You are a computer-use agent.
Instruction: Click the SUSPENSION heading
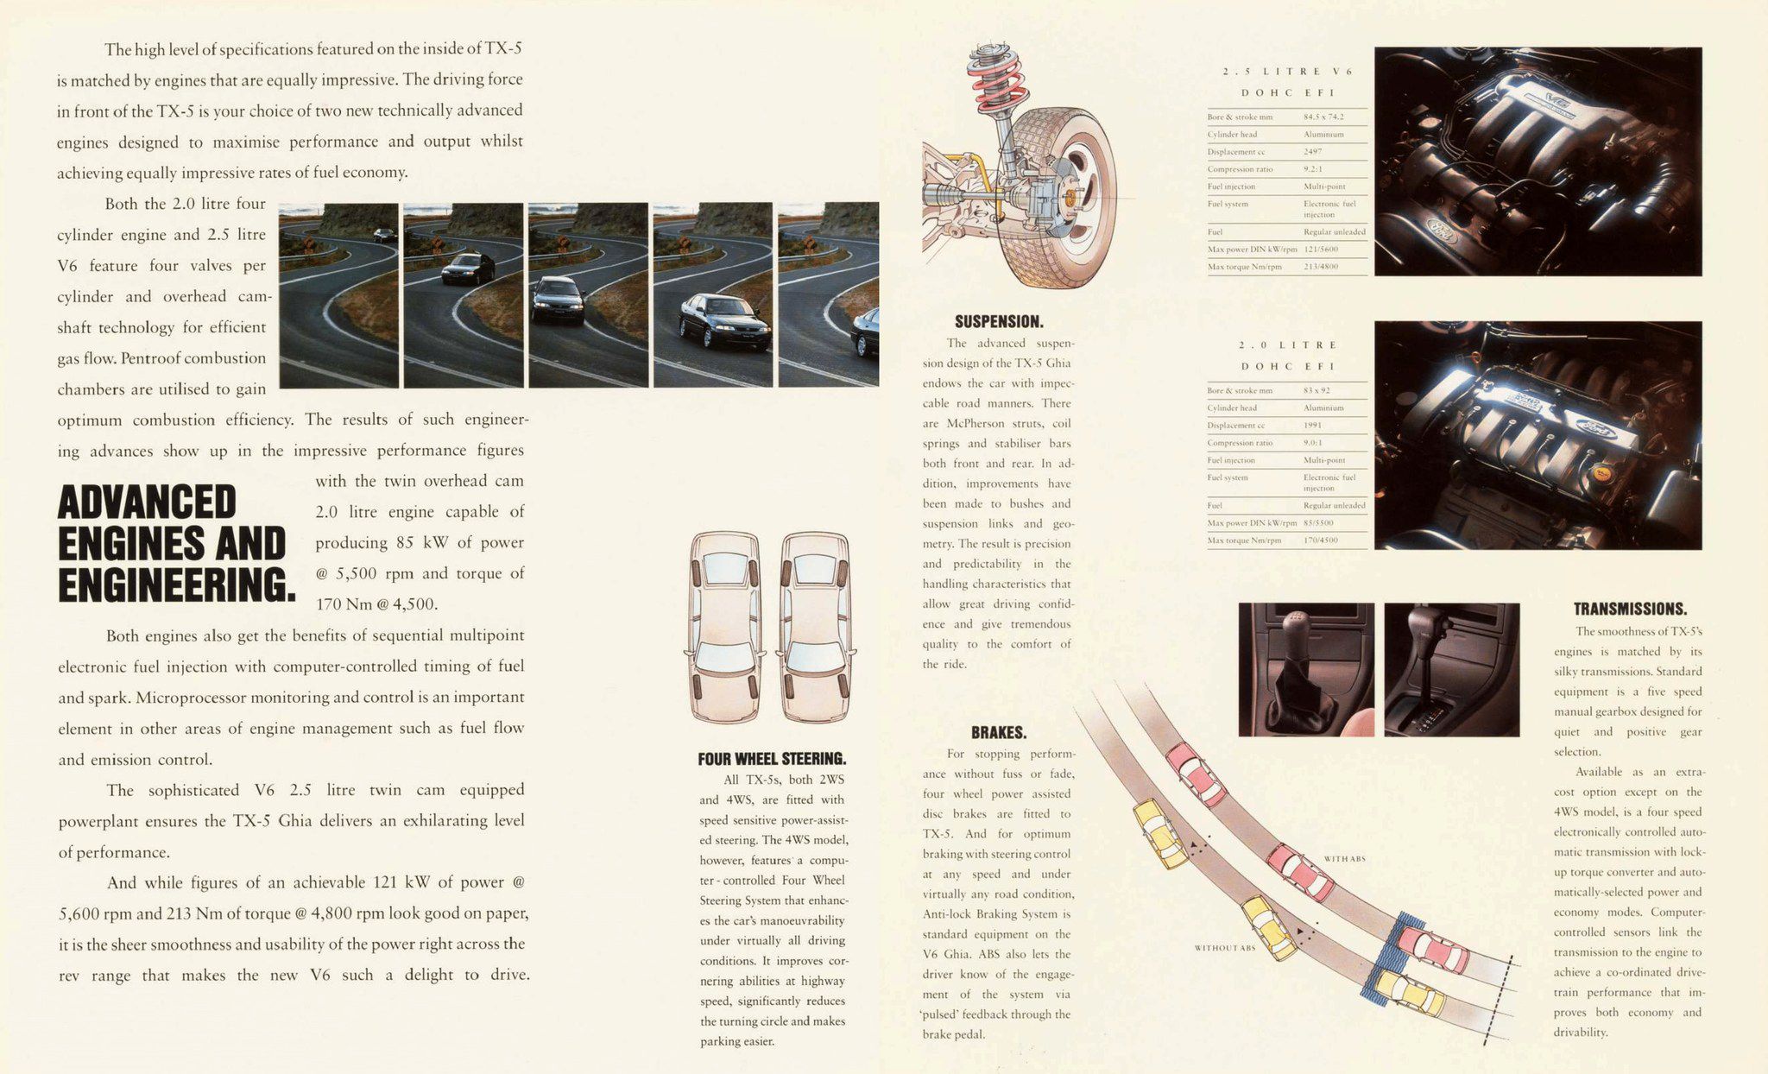(998, 322)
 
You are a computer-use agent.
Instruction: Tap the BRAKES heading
(998, 733)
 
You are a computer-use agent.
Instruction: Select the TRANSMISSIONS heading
(1629, 609)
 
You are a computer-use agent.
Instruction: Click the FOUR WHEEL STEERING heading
(772, 759)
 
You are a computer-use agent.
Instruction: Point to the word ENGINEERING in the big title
(176, 585)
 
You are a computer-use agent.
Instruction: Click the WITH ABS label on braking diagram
(1344, 859)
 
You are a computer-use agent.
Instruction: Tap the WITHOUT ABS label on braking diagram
(1224, 948)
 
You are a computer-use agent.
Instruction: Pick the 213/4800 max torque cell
(1321, 267)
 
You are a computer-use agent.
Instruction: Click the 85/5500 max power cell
(1318, 523)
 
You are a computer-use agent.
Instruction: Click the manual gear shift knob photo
(1304, 669)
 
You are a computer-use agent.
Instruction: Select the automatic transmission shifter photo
(1451, 669)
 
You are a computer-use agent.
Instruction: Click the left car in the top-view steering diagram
(724, 626)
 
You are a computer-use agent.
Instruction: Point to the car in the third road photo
(558, 300)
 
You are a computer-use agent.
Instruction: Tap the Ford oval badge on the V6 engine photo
(1439, 231)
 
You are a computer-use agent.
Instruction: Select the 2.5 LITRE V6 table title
(1287, 72)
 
